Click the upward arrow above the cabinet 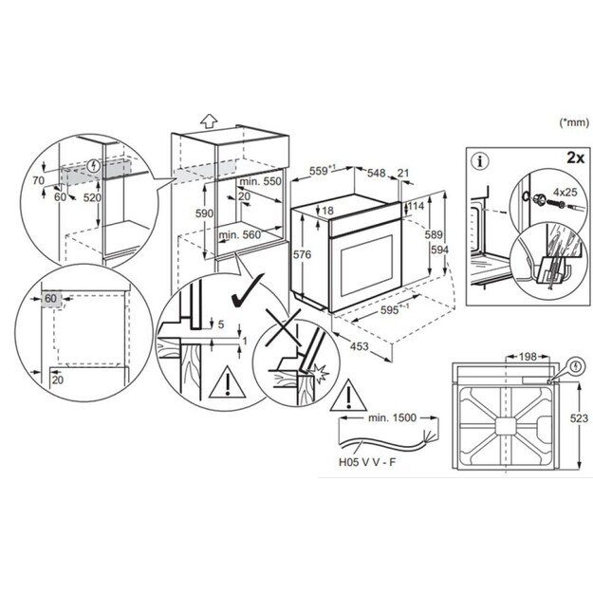[211, 121]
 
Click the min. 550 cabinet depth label [262, 180]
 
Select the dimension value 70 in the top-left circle [39, 179]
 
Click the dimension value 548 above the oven [375, 173]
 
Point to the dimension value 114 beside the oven [417, 207]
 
